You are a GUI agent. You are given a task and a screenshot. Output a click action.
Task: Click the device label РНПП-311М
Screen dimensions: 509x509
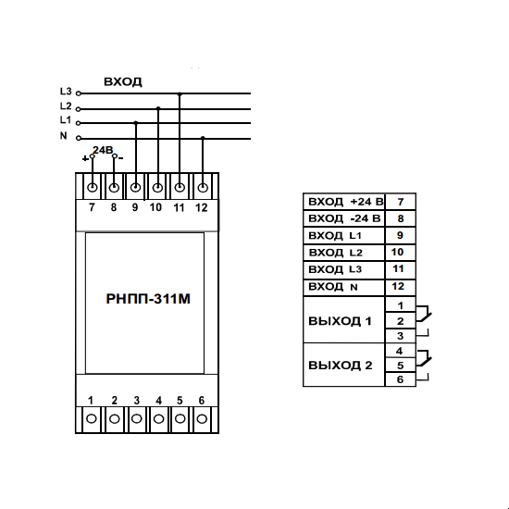point(148,299)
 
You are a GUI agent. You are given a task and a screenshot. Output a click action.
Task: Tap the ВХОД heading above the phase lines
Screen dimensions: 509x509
point(123,81)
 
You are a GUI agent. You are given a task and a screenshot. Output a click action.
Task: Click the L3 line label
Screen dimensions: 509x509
point(66,92)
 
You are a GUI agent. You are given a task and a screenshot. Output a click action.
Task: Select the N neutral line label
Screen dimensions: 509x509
point(64,135)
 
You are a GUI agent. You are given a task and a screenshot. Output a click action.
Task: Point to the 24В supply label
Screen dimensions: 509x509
point(103,150)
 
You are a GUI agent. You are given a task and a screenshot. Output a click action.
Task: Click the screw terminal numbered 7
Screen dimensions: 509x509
point(93,188)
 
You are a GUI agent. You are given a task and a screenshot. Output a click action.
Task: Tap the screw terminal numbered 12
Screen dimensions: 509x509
point(203,188)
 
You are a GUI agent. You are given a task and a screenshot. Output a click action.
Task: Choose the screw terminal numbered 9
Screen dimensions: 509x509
point(135,188)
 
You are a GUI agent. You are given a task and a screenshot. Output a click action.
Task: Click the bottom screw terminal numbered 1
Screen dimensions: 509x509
point(92,418)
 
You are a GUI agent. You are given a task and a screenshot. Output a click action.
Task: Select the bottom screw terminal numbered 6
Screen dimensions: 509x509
point(202,418)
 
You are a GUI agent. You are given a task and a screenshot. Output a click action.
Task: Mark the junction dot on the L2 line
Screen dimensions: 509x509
point(158,108)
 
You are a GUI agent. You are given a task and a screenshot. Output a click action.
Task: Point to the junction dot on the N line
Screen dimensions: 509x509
point(203,138)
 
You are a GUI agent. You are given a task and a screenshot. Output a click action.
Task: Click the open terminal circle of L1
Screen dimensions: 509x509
point(78,123)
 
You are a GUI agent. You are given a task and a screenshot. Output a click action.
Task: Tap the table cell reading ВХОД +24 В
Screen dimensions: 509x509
point(344,202)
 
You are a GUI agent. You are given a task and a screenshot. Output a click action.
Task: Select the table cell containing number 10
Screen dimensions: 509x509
point(400,253)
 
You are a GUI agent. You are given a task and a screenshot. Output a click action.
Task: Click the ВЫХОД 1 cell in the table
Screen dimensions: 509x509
point(344,320)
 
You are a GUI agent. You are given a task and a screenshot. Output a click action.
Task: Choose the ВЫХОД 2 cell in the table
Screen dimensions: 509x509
point(344,365)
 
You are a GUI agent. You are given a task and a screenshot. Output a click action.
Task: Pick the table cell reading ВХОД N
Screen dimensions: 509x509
point(344,287)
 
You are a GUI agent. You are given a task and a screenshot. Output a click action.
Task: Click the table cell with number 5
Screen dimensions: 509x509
point(400,366)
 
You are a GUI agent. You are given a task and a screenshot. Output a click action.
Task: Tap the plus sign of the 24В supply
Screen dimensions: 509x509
point(85,159)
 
